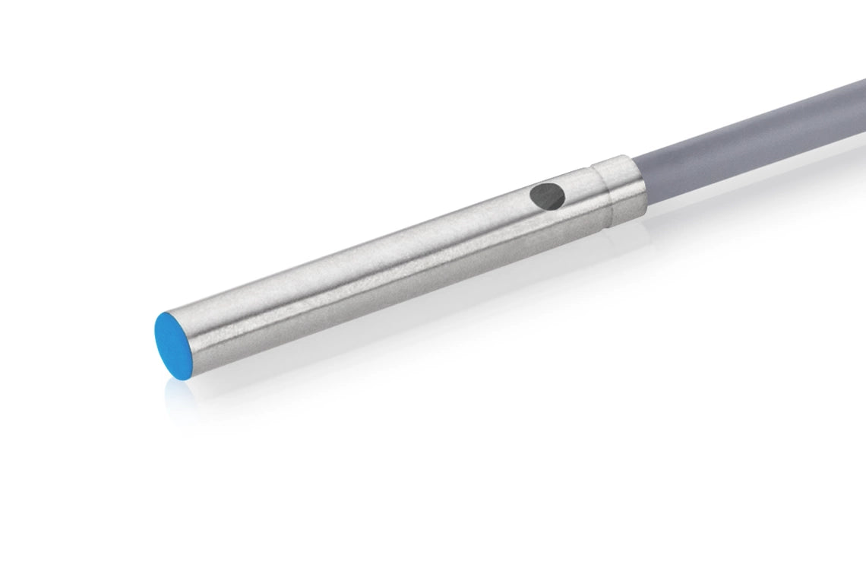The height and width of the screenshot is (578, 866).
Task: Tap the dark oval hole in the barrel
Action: click(x=548, y=196)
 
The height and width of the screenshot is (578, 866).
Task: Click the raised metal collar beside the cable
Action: click(x=619, y=190)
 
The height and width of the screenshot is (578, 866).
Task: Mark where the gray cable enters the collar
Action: click(x=640, y=183)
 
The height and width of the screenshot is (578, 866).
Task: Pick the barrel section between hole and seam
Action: click(x=581, y=202)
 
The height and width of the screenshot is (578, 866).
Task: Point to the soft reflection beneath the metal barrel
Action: click(x=380, y=319)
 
